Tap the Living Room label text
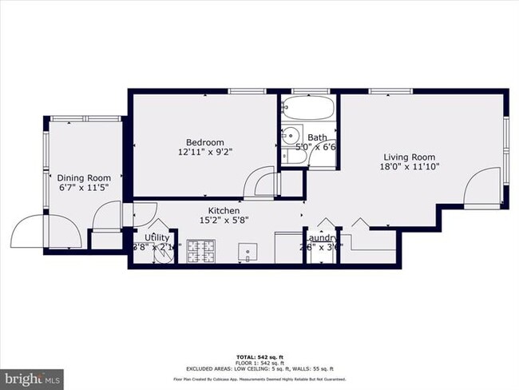click(409, 157)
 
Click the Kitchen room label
click(219, 210)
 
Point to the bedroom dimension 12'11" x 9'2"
click(205, 151)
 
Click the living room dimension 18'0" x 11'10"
click(409, 166)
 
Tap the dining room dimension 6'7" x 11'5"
click(83, 187)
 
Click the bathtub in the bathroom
click(308, 108)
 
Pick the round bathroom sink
click(291, 134)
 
